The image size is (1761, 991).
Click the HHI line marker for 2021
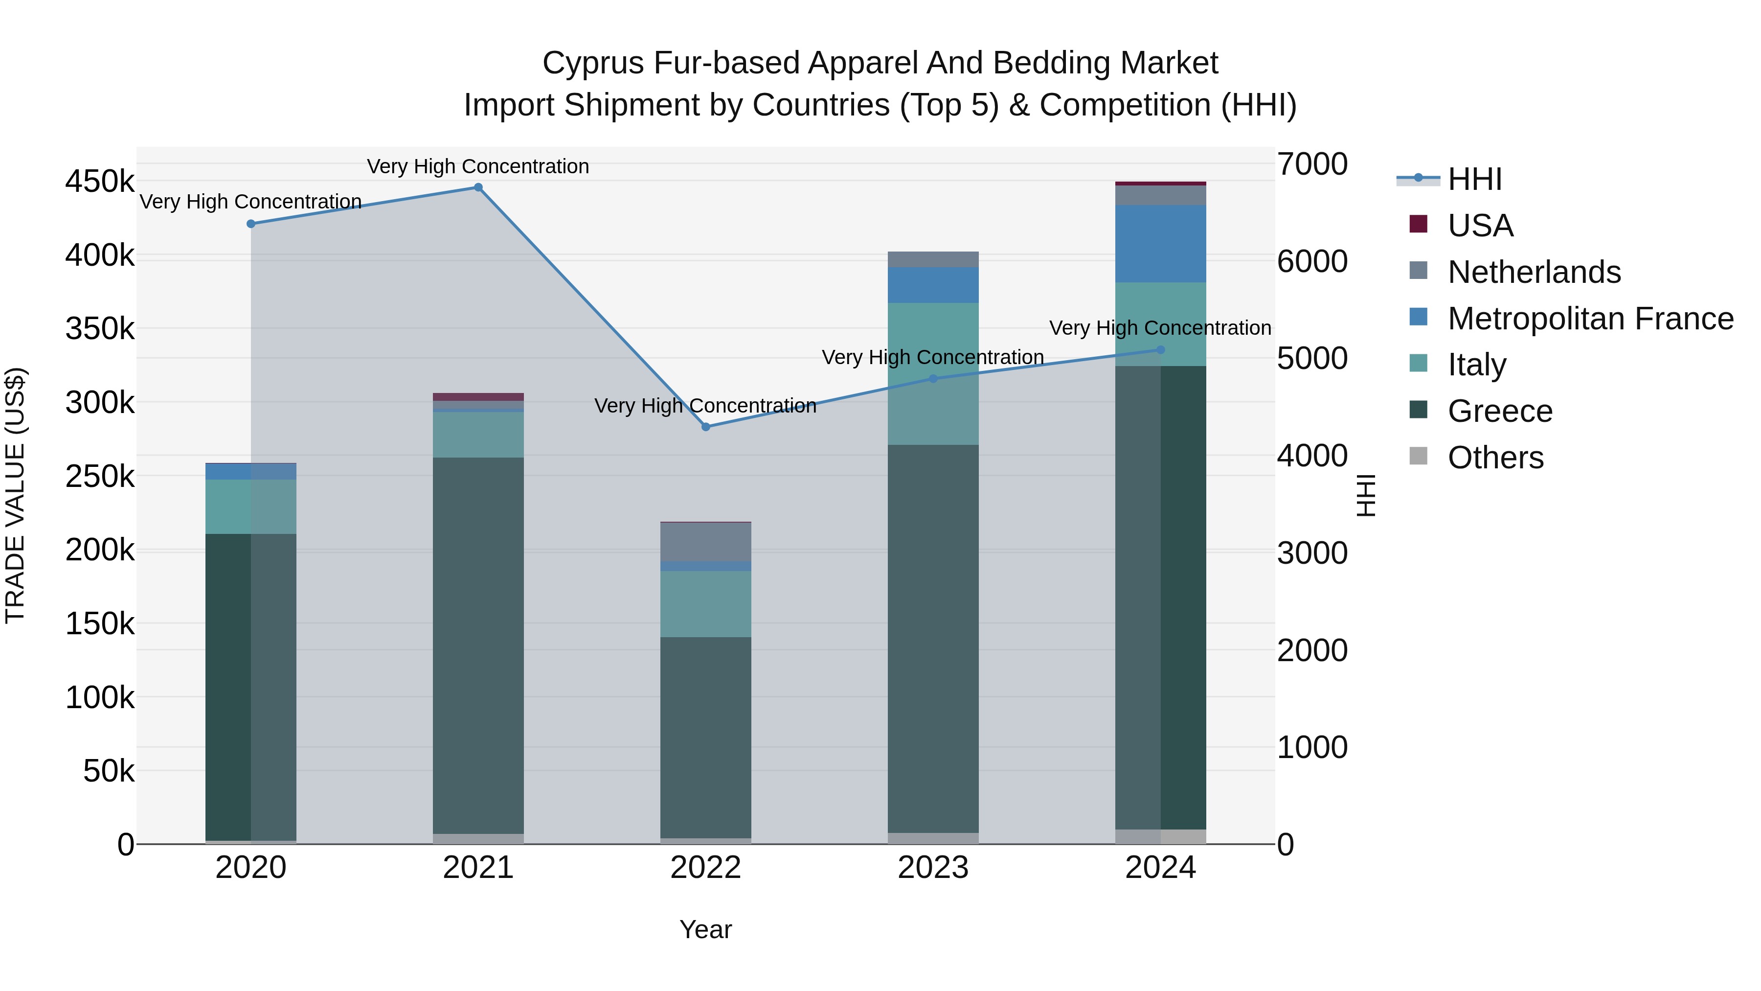click(478, 187)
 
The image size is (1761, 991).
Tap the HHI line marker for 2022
click(706, 427)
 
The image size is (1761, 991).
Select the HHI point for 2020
click(251, 224)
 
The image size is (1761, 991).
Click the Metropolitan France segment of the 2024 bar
click(1160, 244)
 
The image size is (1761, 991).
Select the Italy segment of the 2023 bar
click(933, 373)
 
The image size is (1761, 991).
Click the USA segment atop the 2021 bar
click(478, 397)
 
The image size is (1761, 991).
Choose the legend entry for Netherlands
click(1534, 272)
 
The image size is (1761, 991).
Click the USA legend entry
click(1480, 226)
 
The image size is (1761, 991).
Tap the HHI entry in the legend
click(1474, 179)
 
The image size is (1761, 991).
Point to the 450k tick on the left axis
click(100, 182)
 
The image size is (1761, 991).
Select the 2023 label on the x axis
click(933, 868)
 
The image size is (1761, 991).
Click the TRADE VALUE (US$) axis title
click(15, 495)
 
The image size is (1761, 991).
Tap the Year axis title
click(705, 929)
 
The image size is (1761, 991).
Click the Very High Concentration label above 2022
click(705, 406)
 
